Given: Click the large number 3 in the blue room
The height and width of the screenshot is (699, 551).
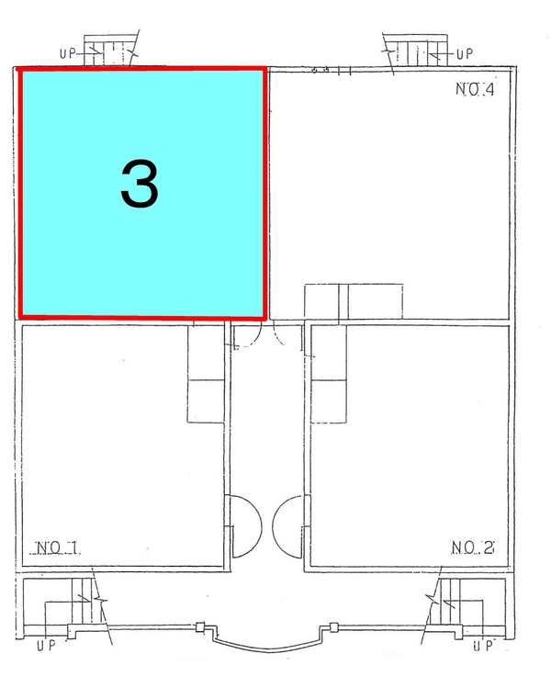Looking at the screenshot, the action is pos(140,184).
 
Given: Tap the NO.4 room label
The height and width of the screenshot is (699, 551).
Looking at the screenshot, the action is pos(475,89).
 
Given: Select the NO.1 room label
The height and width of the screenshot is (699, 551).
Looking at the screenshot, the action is pos(57,547).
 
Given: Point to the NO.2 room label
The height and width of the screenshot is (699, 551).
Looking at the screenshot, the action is pos(473,547).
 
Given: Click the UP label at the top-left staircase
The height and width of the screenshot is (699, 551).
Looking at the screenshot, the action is pos(68,53).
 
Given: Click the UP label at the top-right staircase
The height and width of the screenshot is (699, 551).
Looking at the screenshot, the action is pos(464,54).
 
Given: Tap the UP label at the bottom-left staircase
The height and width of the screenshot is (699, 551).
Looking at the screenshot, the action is pos(46,645).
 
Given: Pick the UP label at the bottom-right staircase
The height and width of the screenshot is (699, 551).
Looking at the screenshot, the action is pos(483,645).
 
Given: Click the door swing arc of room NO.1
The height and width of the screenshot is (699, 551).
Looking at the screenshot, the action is pos(260,526).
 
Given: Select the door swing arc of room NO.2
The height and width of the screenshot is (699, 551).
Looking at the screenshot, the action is pos(274,526).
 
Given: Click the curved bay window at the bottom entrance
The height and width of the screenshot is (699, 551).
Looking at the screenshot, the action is pos(268,648).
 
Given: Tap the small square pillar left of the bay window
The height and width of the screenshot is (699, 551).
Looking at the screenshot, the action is pos(200,627).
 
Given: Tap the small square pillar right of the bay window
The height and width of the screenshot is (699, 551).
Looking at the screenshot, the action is pos(333,627).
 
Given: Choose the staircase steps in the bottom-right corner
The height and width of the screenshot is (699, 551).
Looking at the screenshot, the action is pos(450,601).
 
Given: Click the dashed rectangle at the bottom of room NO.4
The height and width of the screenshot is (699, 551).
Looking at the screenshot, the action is pos(354,302).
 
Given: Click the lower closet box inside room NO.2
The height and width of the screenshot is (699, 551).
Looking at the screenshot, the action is pos(329,401).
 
